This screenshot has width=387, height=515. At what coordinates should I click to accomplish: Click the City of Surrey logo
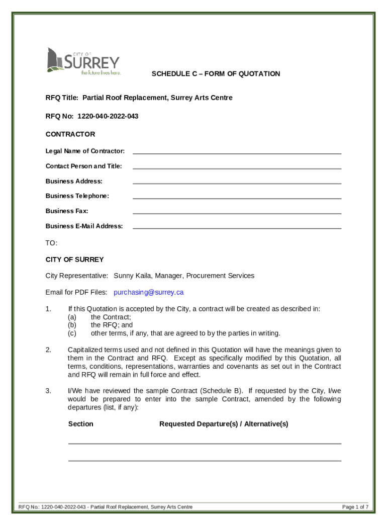[83, 61]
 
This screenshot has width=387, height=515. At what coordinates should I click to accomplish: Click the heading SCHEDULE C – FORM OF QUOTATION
[216, 74]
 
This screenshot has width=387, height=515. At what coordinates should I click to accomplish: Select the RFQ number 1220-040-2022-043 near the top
[108, 116]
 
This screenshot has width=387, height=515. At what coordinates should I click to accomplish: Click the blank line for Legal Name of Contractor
[237, 151]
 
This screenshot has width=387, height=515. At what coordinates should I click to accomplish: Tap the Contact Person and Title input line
[237, 166]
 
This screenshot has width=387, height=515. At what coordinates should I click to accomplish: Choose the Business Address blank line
[237, 181]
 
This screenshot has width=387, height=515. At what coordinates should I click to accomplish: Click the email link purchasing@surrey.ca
[149, 292]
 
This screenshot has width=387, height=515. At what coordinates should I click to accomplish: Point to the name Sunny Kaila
[133, 276]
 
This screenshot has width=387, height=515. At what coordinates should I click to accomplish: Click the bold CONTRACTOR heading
[70, 134]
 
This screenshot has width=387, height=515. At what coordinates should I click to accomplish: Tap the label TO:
[51, 243]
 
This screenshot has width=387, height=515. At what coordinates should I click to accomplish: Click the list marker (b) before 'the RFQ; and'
[72, 325]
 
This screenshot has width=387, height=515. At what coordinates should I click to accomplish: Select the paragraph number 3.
[48, 391]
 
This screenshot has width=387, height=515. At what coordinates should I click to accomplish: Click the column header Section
[80, 424]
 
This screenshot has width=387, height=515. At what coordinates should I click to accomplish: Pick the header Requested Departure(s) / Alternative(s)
[224, 424]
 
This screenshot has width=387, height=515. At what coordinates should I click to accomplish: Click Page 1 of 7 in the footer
[355, 506]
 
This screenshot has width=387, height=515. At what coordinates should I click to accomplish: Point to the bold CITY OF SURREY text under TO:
[74, 260]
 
